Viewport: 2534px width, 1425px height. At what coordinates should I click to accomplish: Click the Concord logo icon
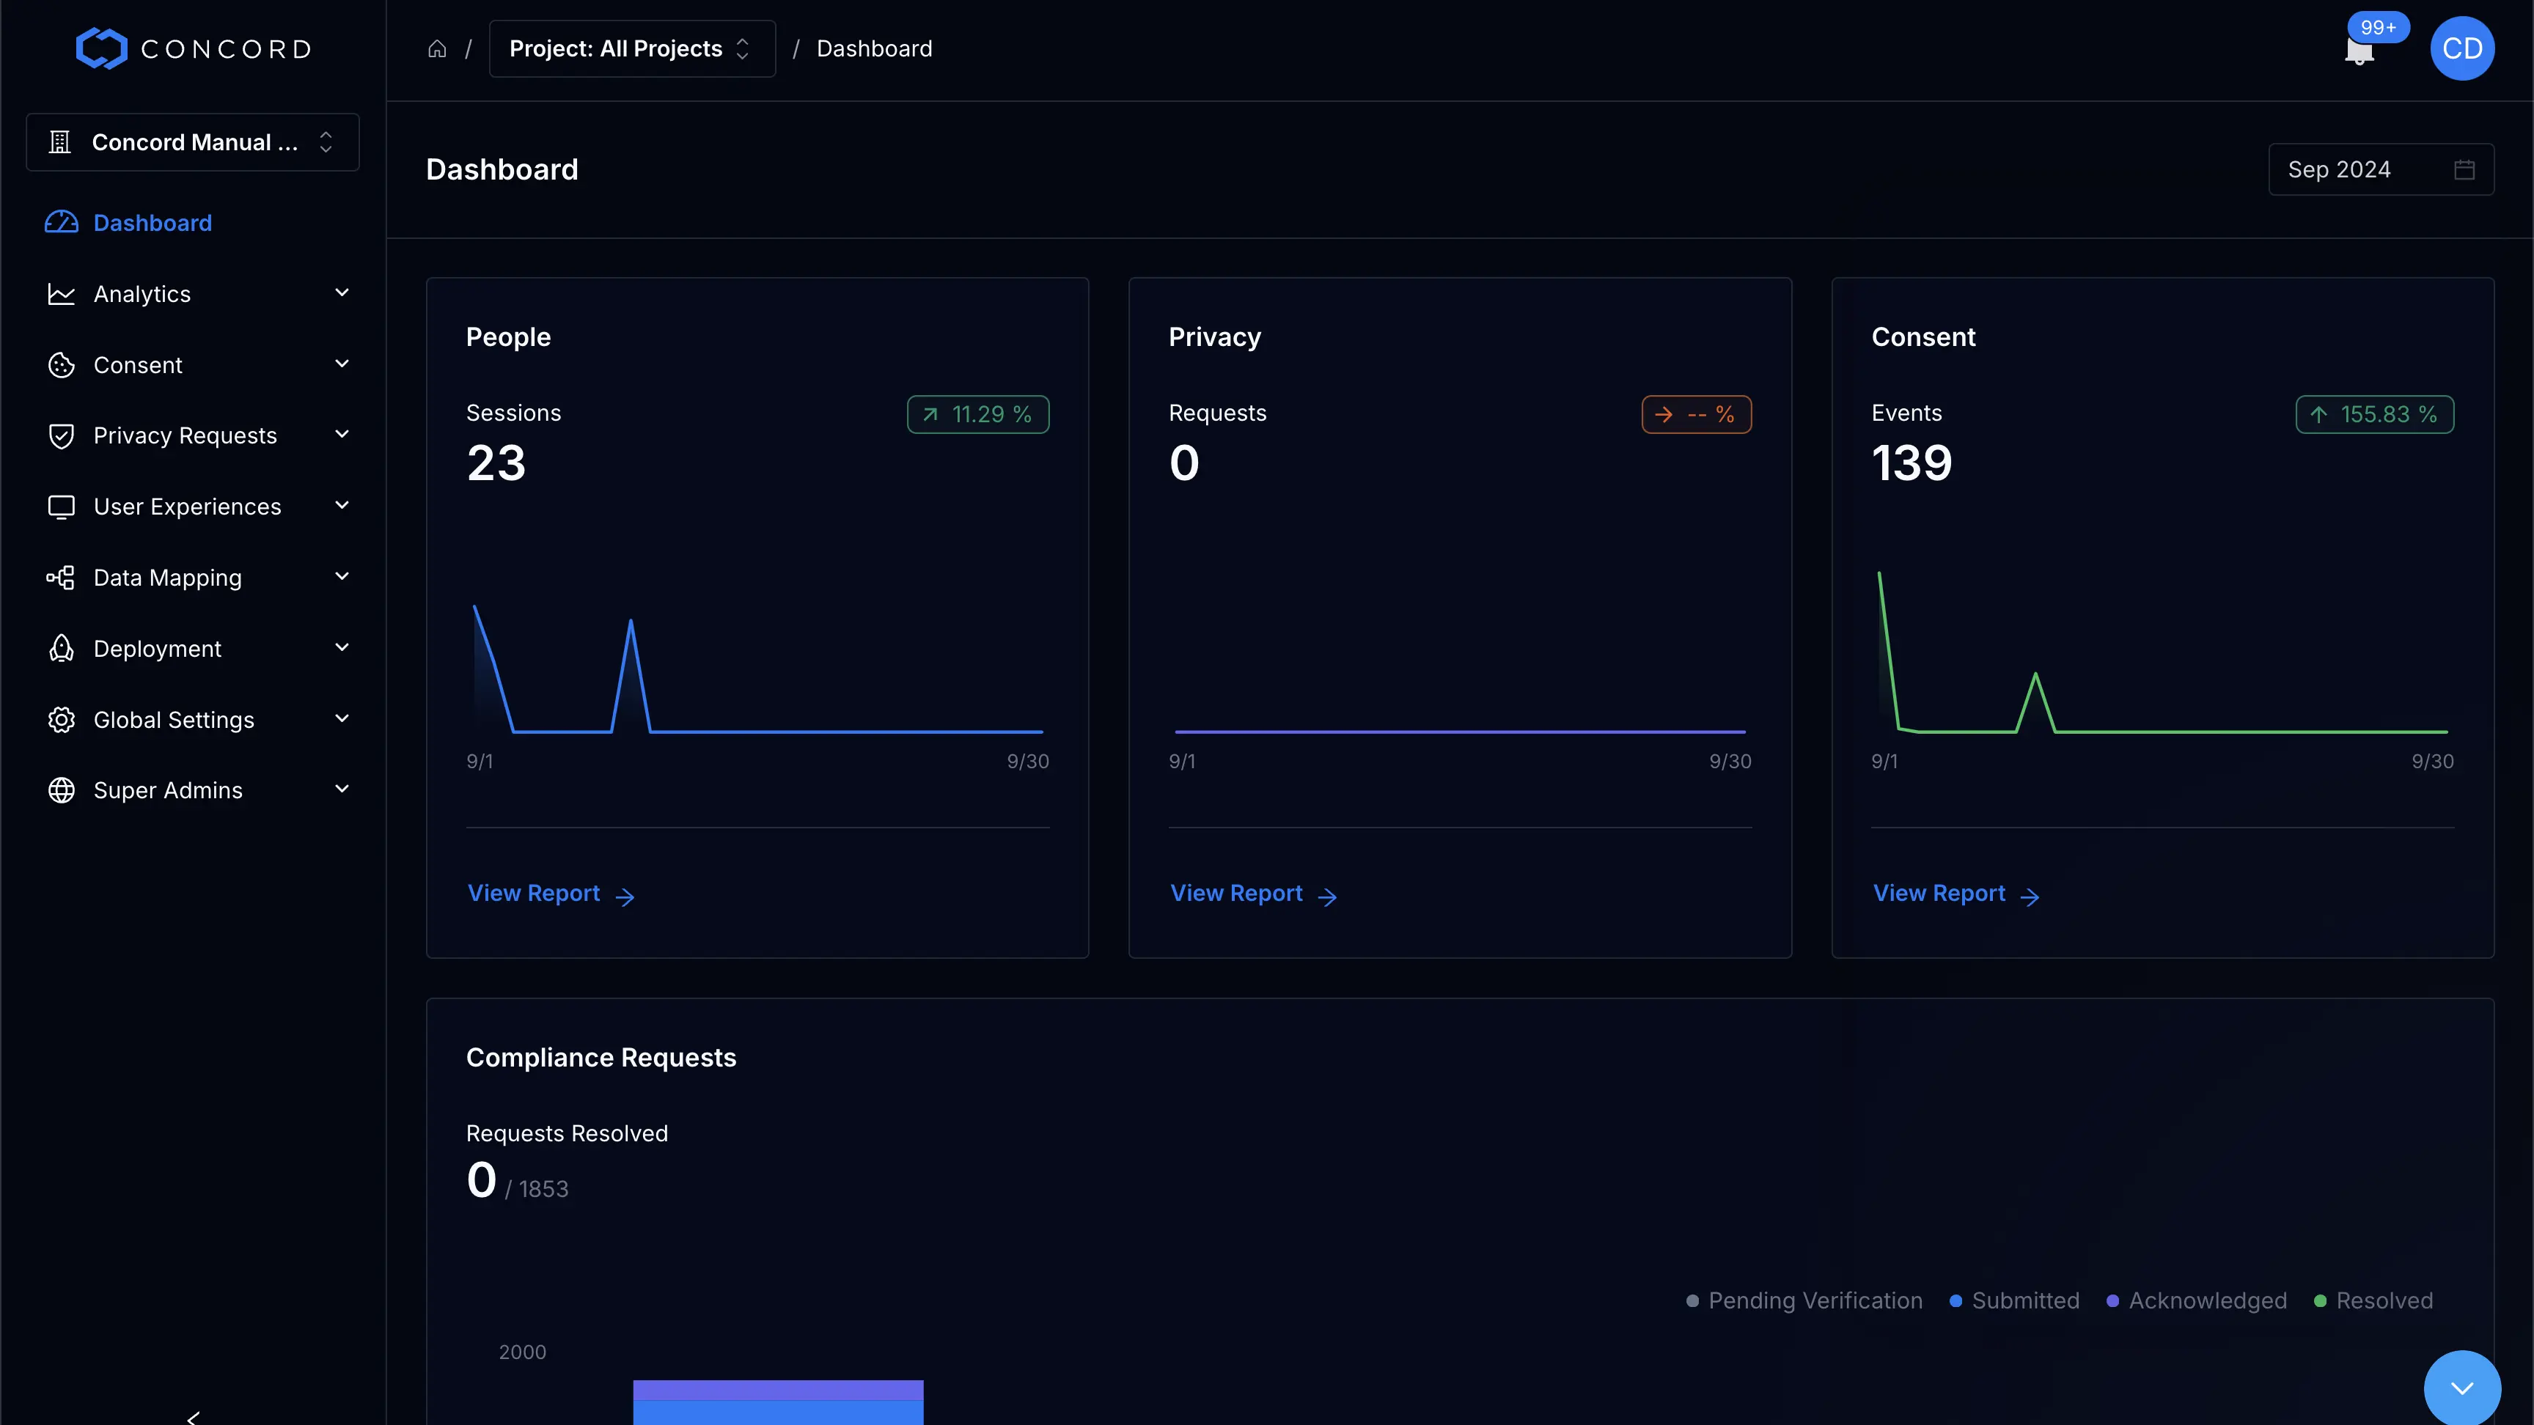tap(101, 48)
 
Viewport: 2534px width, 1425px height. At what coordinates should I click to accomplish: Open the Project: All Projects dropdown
tap(631, 48)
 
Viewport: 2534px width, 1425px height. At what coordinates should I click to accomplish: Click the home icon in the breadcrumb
tap(437, 48)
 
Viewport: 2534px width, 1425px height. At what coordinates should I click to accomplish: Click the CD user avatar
tap(2461, 48)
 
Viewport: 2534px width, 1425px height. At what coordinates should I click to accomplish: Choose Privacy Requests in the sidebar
tap(185, 435)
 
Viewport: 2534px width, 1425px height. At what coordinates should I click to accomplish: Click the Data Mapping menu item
tap(167, 578)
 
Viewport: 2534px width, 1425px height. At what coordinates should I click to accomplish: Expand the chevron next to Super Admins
tap(342, 789)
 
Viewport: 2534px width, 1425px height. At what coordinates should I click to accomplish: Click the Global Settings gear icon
tap(61, 720)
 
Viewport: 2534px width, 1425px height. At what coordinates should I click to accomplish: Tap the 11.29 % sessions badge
tap(978, 414)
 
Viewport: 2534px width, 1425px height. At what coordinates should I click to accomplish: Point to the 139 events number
tap(1911, 463)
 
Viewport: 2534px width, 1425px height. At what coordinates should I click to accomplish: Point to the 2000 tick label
tap(522, 1352)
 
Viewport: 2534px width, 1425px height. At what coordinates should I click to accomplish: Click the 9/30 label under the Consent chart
tap(2431, 761)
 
